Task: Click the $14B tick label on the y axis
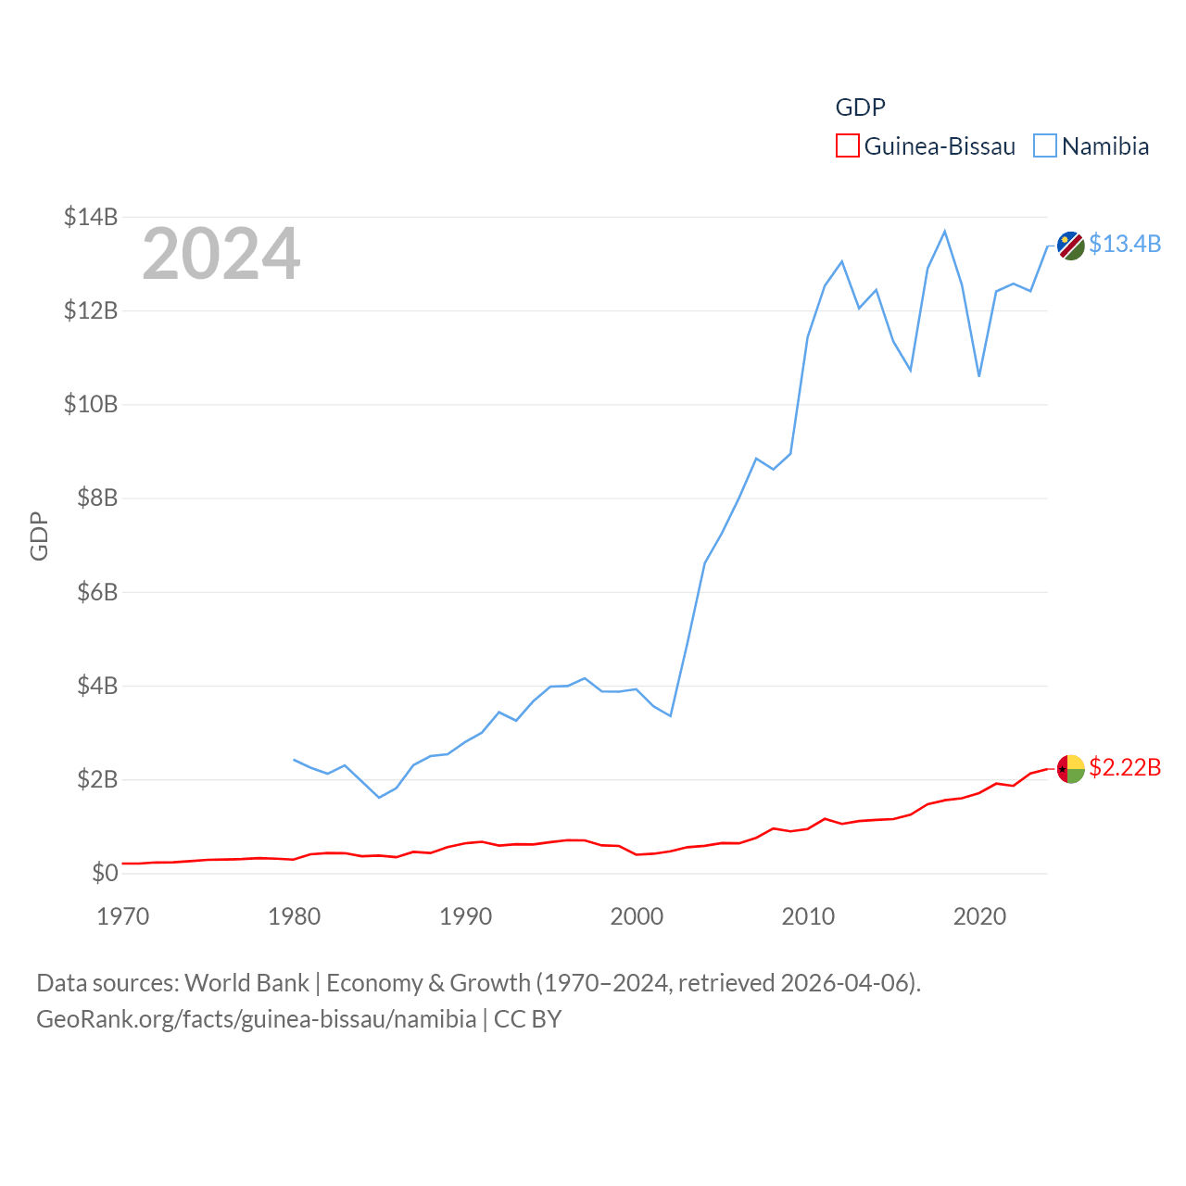pyautogui.click(x=91, y=217)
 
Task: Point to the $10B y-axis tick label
pyautogui.click(x=91, y=404)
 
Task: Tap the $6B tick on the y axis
pyautogui.click(x=97, y=591)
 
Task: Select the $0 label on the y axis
pyautogui.click(x=105, y=873)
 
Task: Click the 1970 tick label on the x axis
pyautogui.click(x=123, y=916)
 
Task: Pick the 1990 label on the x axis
pyautogui.click(x=465, y=916)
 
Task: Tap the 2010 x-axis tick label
pyautogui.click(x=808, y=916)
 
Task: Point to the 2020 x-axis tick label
pyautogui.click(x=979, y=916)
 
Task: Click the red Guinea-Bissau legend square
pyautogui.click(x=847, y=145)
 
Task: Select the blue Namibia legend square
pyautogui.click(x=1045, y=145)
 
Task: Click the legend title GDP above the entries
pyautogui.click(x=860, y=107)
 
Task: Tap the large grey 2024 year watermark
pyautogui.click(x=221, y=253)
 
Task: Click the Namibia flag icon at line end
pyautogui.click(x=1071, y=246)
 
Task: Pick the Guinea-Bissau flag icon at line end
pyautogui.click(x=1071, y=769)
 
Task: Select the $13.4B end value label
pyautogui.click(x=1125, y=244)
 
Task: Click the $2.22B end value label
pyautogui.click(x=1125, y=767)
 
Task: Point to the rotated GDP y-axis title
pyautogui.click(x=39, y=536)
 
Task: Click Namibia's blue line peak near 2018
pyautogui.click(x=944, y=231)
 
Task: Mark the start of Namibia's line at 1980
pyautogui.click(x=295, y=760)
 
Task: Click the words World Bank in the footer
pyautogui.click(x=246, y=982)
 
